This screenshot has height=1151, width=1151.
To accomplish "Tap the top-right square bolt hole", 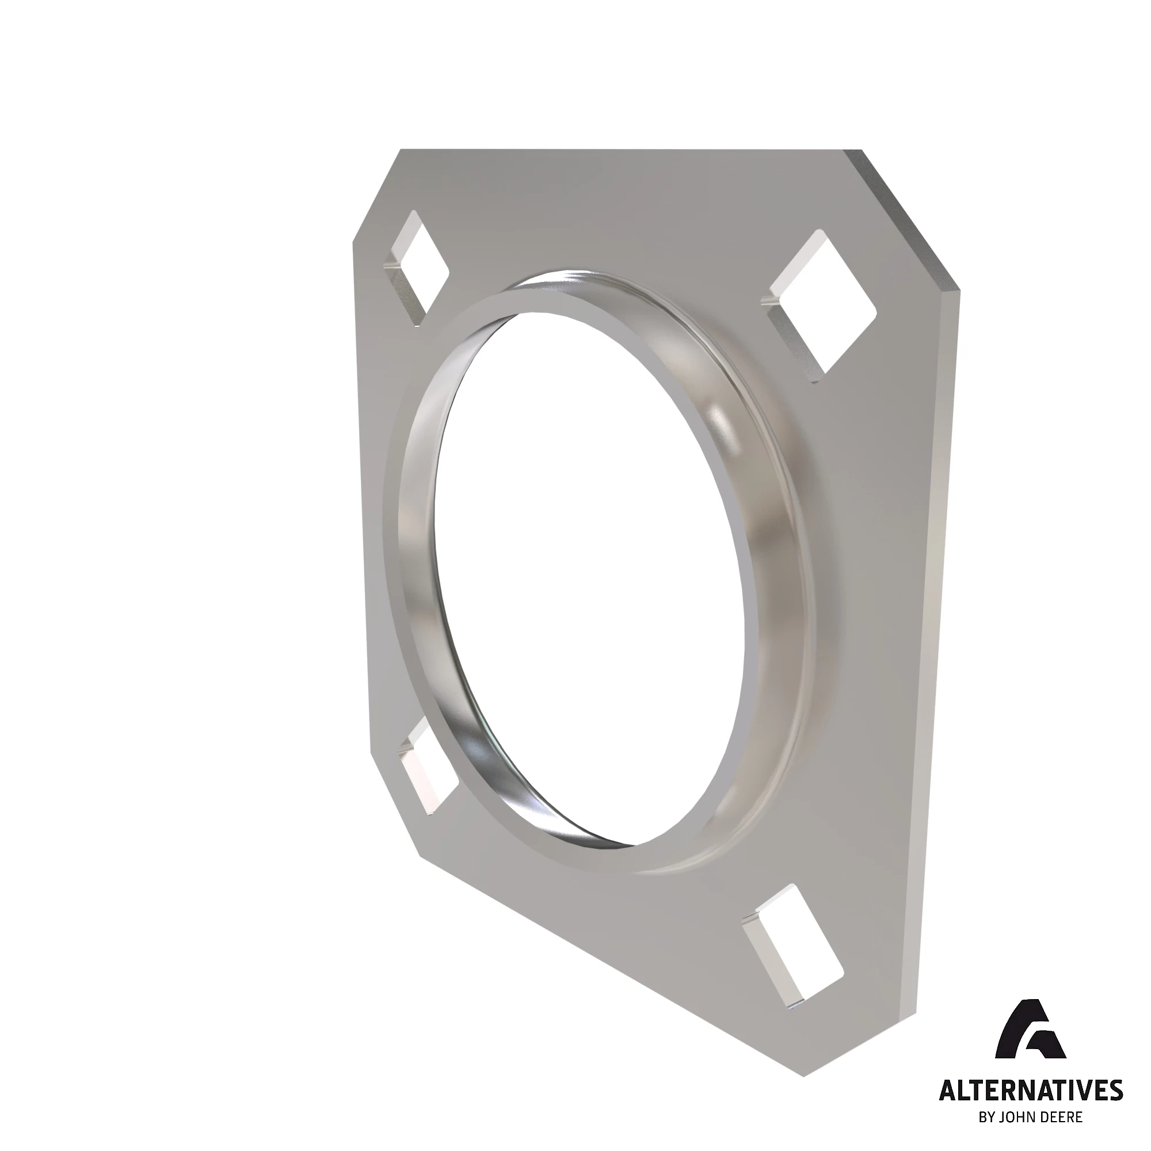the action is (x=822, y=304).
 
